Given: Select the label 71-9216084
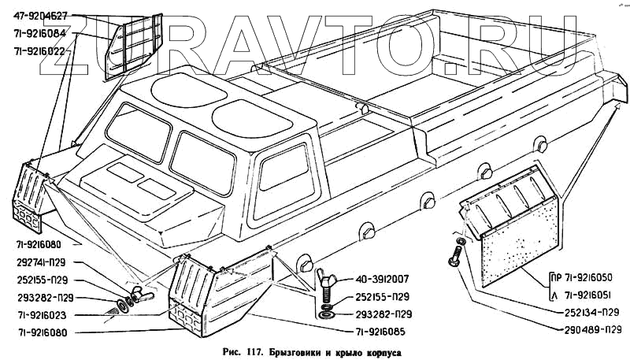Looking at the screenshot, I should [44, 34].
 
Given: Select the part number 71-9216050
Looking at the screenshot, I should [588, 277].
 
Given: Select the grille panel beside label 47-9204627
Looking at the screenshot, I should [138, 43].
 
